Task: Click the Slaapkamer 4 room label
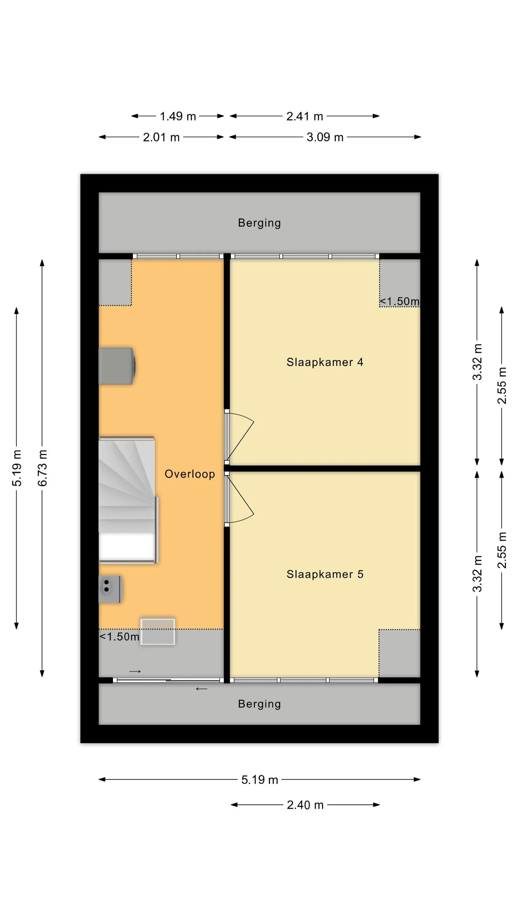click(x=325, y=362)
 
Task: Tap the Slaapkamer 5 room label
click(x=325, y=574)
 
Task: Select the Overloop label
click(x=190, y=474)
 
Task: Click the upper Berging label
click(x=259, y=223)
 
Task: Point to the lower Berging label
click(x=259, y=704)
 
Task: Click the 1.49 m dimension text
click(x=178, y=116)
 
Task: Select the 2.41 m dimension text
click(x=305, y=116)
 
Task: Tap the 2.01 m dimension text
click(x=161, y=137)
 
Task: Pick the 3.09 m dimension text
click(x=325, y=137)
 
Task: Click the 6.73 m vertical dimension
click(x=42, y=468)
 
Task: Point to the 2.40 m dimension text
click(x=305, y=805)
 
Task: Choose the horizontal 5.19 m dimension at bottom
click(x=260, y=780)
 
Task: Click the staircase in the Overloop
click(x=128, y=500)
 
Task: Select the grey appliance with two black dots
click(x=110, y=589)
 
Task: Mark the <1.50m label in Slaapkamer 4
click(x=400, y=301)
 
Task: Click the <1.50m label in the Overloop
click(x=119, y=637)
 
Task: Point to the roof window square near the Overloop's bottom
click(x=158, y=632)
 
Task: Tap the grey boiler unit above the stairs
click(x=117, y=366)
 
